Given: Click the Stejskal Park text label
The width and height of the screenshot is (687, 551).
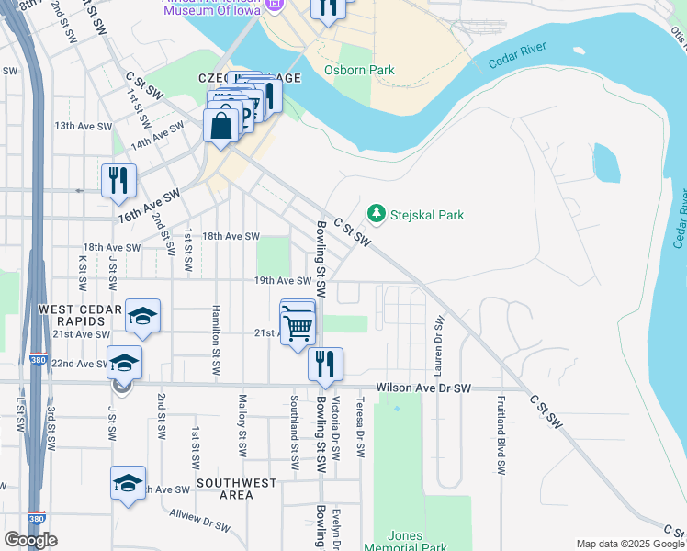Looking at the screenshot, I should coord(426,215).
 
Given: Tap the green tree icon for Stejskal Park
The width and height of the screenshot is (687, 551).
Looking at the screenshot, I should coord(376,213).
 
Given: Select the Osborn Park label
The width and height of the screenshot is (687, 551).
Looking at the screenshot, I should coord(359,70).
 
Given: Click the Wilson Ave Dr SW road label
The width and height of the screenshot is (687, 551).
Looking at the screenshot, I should coord(422,388).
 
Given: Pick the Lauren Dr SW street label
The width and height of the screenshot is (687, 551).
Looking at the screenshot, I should coord(440,343).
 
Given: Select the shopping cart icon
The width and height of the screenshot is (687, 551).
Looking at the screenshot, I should coord(298,326).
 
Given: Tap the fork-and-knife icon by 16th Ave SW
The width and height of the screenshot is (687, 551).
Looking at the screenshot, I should coord(118,181).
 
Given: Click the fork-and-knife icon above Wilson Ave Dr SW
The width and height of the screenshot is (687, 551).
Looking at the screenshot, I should coord(325,364).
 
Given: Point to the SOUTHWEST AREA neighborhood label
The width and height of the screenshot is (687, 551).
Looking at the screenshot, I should coord(236,489).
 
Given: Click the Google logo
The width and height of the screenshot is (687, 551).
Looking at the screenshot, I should coord(30,540).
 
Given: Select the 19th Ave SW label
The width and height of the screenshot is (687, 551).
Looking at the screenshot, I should coord(284,281).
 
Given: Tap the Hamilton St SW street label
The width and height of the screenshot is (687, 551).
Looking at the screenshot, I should coord(217,339).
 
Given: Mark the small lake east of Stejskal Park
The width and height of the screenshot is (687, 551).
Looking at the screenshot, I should coord(607,163).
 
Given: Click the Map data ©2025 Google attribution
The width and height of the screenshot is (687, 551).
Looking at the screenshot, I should coord(630,544).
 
